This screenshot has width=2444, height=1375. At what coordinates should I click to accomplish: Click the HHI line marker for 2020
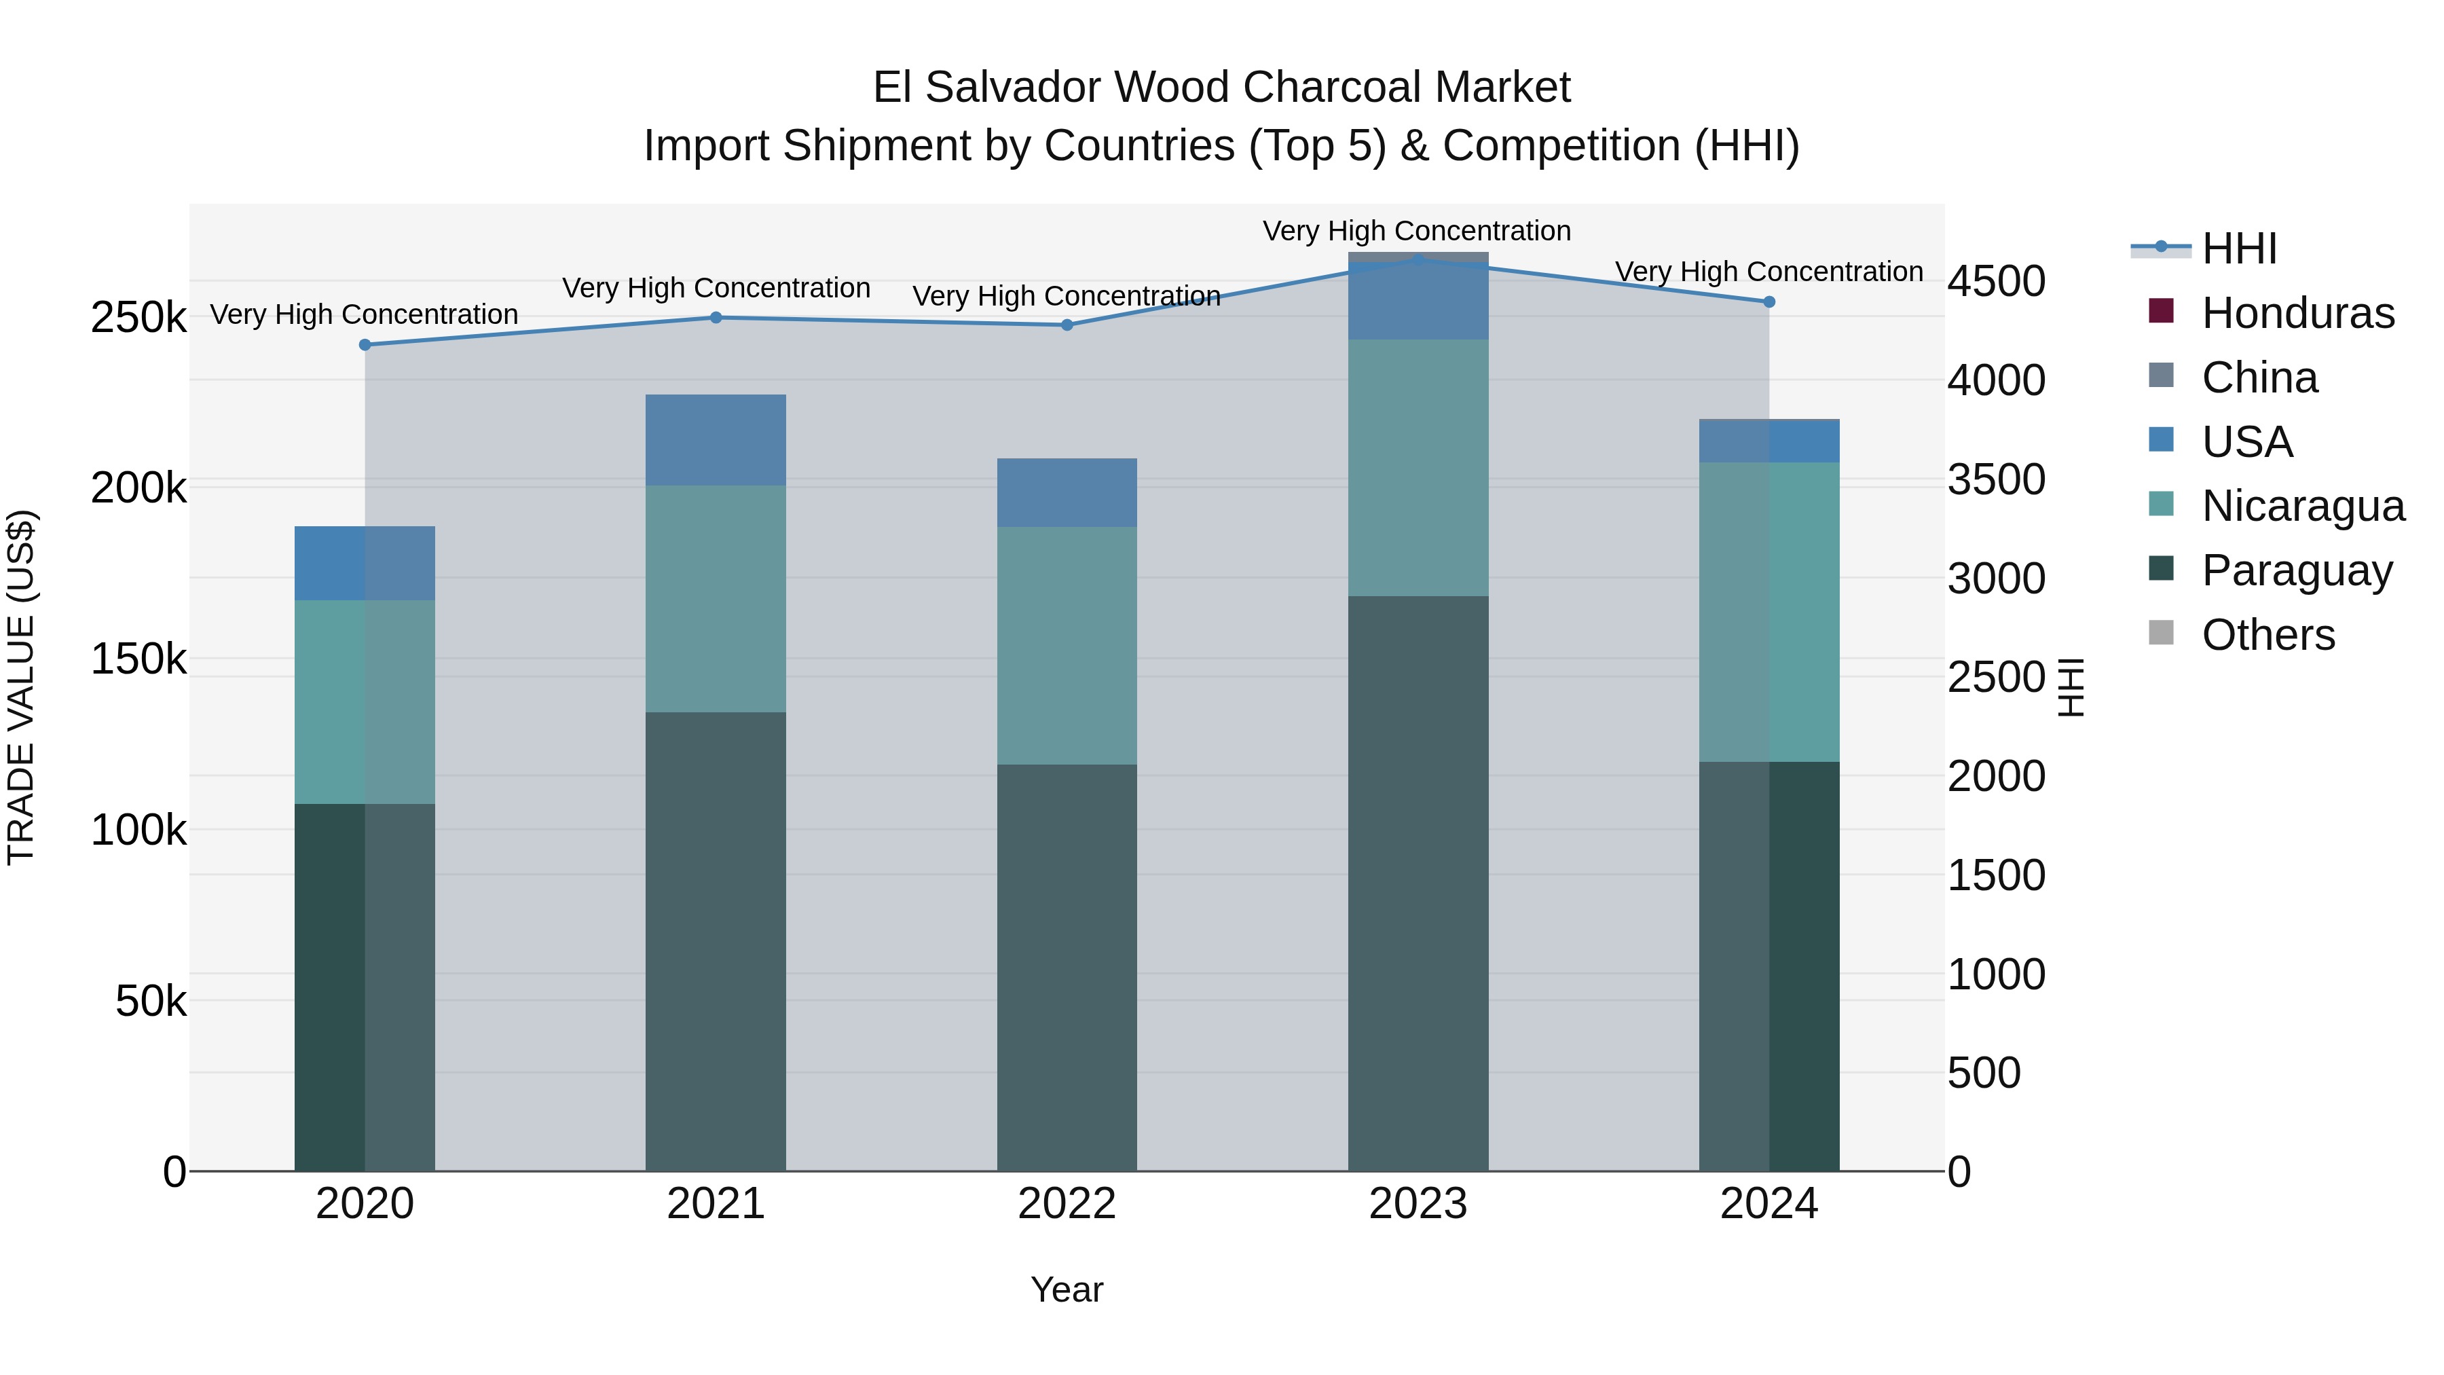click(365, 344)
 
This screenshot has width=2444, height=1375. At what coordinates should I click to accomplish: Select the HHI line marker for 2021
click(716, 318)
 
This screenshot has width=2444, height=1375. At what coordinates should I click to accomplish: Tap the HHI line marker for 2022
click(1067, 325)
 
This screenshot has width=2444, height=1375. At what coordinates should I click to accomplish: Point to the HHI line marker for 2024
click(1769, 301)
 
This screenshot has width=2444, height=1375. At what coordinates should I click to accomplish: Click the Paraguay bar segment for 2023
click(1418, 883)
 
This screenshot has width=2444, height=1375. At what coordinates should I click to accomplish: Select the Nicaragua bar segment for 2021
click(716, 599)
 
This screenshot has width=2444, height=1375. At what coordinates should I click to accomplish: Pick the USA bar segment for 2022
click(1067, 492)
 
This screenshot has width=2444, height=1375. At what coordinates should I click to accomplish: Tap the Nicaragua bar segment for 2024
click(1769, 612)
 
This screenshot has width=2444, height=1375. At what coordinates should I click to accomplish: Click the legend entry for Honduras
click(2298, 313)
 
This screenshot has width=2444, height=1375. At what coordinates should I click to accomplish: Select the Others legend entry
click(2267, 635)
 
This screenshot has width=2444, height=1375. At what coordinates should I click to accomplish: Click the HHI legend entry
click(2239, 249)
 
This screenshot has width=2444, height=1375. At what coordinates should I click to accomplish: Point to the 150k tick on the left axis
click(138, 659)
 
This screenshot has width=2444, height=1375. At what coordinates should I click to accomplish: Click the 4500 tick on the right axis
click(1996, 282)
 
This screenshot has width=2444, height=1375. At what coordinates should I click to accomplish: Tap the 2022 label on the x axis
click(1067, 1204)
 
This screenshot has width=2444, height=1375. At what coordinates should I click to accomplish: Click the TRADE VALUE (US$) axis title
click(21, 687)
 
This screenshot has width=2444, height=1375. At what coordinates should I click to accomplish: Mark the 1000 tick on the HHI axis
click(1996, 974)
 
